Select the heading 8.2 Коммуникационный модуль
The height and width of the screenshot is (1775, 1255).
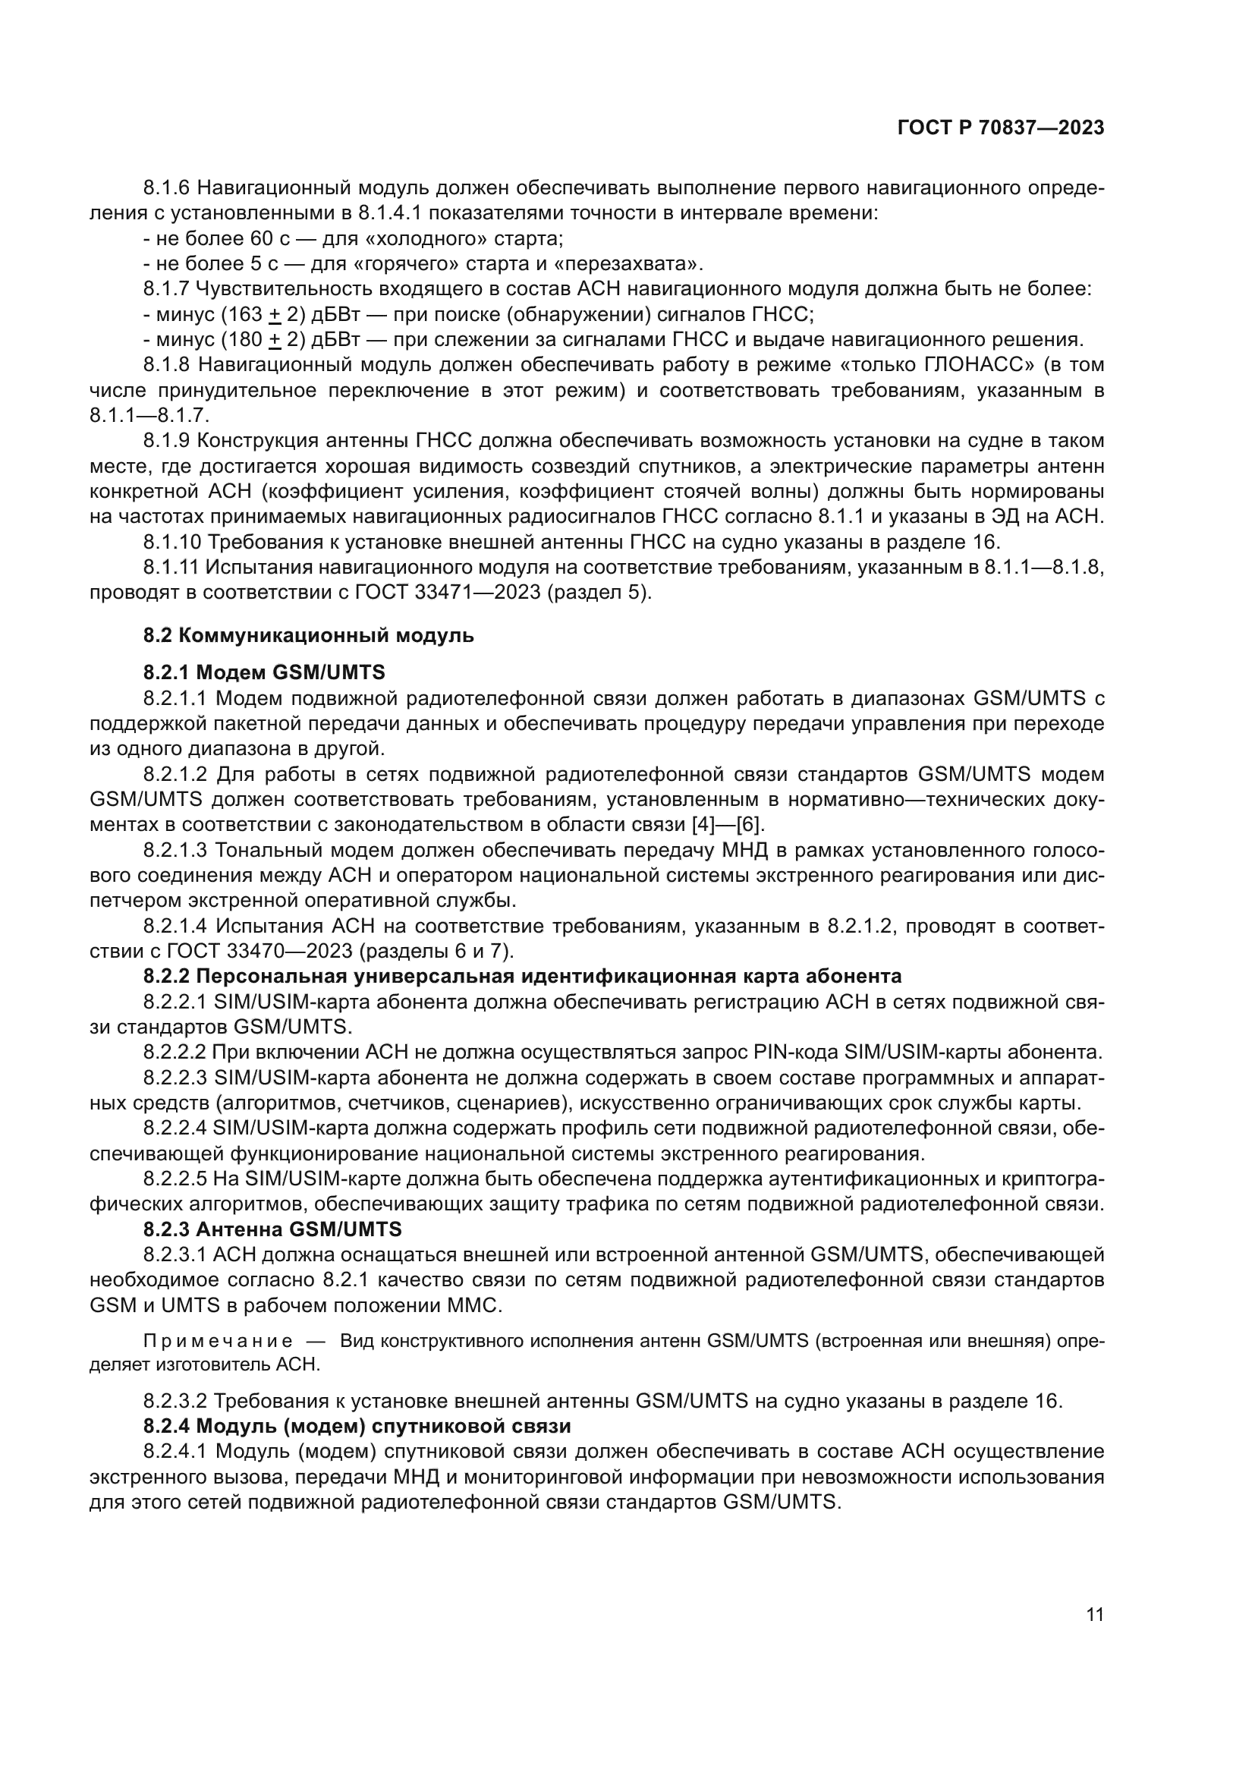pos(308,636)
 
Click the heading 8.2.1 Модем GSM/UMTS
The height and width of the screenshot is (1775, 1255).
pos(263,672)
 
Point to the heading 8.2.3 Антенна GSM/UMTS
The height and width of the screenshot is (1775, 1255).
pos(272,1229)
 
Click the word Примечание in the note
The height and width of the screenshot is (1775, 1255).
pos(218,1341)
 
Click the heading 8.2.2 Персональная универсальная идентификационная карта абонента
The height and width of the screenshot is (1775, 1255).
pos(521,977)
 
